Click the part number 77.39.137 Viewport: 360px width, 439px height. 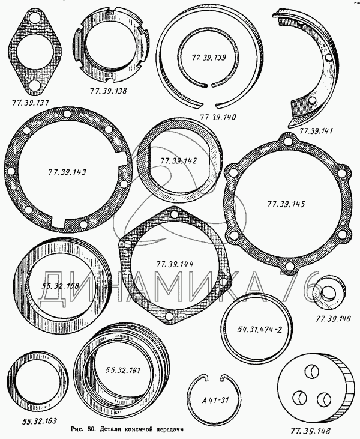30,103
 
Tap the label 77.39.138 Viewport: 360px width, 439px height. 108,91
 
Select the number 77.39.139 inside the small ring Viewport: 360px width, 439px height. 209,58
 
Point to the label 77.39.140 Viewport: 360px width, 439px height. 218,117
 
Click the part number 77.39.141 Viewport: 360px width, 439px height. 316,131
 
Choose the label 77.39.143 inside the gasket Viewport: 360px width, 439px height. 67,172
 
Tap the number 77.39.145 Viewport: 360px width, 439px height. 286,204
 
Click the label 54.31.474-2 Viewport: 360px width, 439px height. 260,329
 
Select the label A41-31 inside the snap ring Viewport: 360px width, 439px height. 215,399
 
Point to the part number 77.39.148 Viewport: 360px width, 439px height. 310,431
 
